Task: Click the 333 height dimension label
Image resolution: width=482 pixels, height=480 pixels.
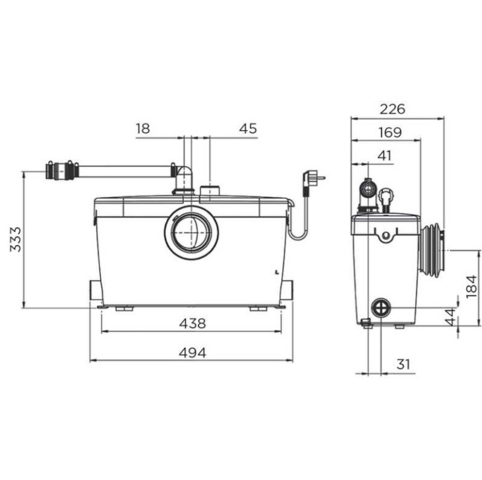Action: point(15,240)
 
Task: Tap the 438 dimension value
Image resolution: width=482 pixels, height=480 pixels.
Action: point(192,323)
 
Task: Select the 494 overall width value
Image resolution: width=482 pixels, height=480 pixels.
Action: point(192,353)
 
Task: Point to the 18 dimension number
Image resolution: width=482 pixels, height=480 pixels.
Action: point(143,128)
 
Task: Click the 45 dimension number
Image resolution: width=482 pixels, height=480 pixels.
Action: point(248,128)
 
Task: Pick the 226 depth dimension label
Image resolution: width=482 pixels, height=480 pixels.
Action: point(393,109)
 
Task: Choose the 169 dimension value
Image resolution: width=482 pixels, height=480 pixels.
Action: point(390,132)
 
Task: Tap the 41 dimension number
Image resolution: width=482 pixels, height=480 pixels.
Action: point(385,156)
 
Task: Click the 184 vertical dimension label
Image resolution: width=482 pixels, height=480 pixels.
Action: point(471,286)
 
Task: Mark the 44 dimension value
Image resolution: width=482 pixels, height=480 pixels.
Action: point(450,317)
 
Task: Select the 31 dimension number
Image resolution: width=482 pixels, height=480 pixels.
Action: point(404,364)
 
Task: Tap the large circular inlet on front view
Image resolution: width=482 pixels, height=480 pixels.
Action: point(192,233)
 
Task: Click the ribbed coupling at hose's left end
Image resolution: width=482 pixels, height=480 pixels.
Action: point(62,171)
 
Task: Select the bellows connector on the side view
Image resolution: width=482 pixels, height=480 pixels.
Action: point(432,251)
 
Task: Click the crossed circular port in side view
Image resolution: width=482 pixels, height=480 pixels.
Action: point(381,307)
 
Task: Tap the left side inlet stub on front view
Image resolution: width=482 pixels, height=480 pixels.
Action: point(96,290)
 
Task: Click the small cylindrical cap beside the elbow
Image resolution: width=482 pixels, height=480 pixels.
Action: point(210,190)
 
